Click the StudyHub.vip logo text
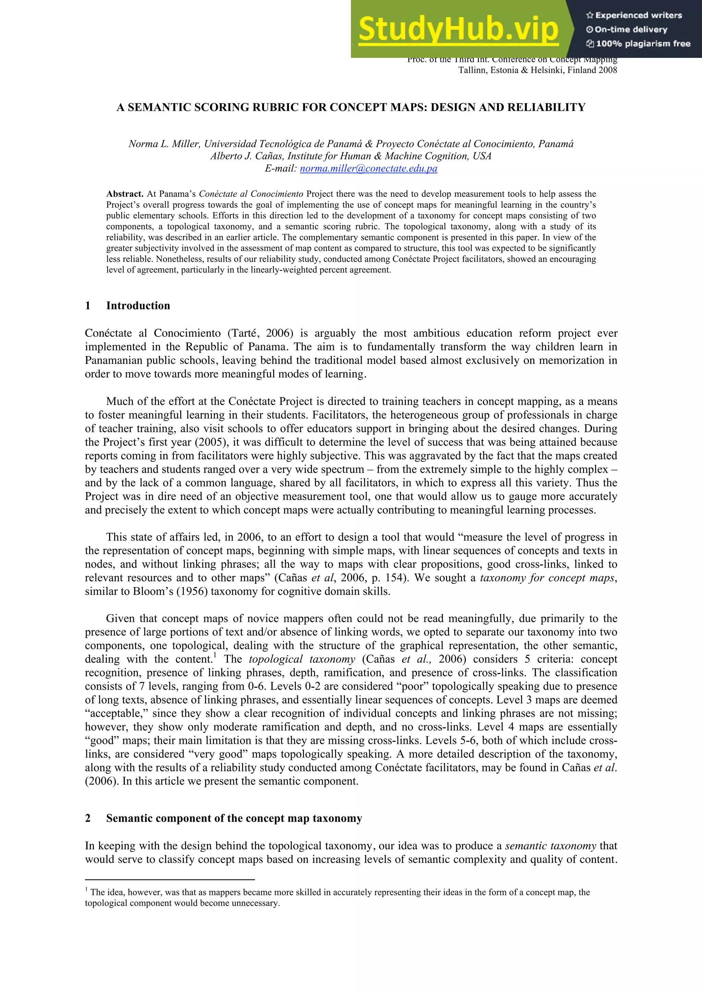tap(459, 29)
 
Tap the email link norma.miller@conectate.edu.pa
tap(368, 169)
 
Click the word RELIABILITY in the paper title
tap(546, 107)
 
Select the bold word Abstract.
tap(124, 194)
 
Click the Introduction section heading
tap(138, 306)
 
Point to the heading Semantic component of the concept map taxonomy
tap(234, 818)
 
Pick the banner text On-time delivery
tap(631, 29)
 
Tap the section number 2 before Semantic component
tap(88, 818)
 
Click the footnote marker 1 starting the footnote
tap(86, 890)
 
